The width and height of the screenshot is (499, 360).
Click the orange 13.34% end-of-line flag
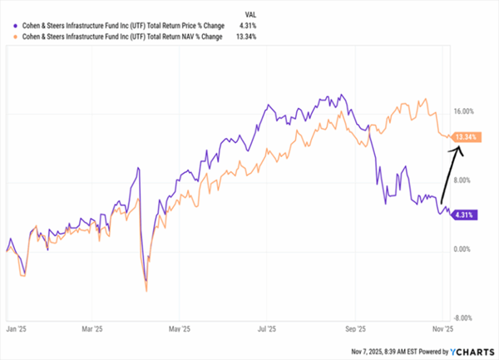pos(466,136)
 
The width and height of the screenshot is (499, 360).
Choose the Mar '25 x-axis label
pos(93,328)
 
